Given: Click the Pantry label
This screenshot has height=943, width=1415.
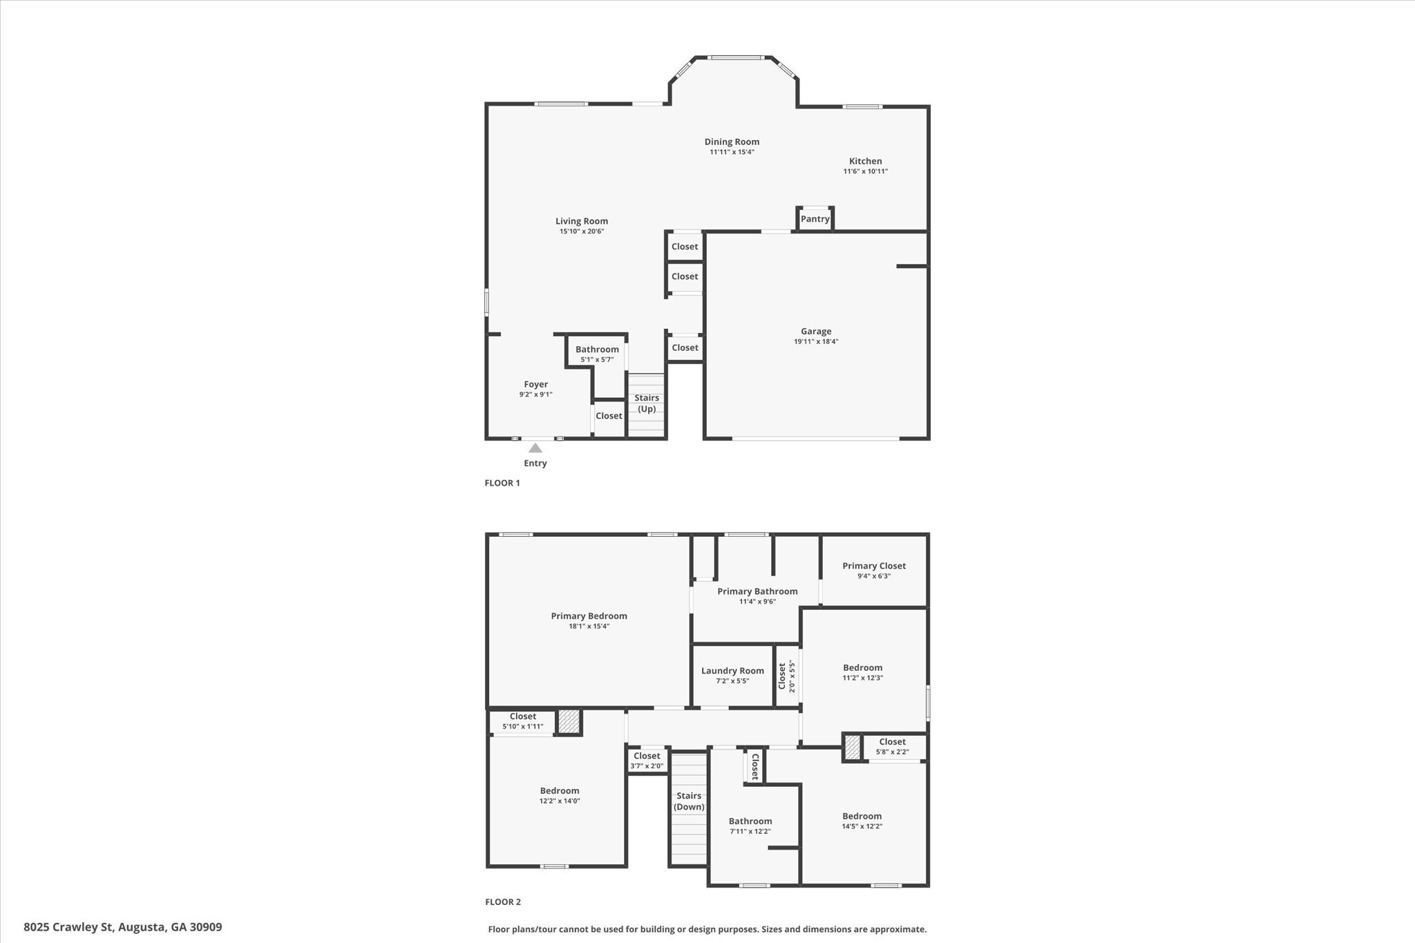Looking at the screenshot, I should click(815, 219).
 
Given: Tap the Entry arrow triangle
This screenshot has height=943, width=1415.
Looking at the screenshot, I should click(535, 448).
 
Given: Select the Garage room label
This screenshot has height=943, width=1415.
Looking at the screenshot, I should click(816, 332).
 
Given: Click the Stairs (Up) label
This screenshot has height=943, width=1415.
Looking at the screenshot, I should click(647, 403).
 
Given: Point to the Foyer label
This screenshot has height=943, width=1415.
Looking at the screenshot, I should click(535, 385).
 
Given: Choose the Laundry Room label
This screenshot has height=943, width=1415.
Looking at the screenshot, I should click(732, 671).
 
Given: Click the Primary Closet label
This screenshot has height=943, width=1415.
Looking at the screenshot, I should click(874, 566).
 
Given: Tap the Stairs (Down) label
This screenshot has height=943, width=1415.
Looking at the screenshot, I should click(689, 801).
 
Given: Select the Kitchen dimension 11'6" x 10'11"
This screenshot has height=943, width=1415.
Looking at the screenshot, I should click(865, 171).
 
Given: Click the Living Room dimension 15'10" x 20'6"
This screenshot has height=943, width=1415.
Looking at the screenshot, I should click(582, 231).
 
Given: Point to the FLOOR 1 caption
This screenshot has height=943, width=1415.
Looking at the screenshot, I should click(502, 483).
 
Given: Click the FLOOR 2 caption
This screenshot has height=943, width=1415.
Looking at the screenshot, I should click(502, 902).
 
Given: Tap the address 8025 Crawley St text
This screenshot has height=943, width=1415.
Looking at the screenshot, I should click(123, 927).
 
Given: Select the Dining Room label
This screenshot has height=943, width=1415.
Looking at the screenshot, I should click(732, 142).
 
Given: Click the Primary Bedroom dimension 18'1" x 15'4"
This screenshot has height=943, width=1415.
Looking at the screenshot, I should click(589, 627).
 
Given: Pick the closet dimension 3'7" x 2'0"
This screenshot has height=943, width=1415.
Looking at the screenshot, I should click(647, 766).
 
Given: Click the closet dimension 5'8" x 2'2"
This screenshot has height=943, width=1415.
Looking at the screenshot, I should click(892, 752).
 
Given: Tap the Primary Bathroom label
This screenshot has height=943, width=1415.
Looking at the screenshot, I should click(757, 591).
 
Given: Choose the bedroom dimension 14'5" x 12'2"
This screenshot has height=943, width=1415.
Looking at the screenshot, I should click(862, 826).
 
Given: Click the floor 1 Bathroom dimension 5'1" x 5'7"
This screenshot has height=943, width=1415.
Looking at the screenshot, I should click(597, 359).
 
